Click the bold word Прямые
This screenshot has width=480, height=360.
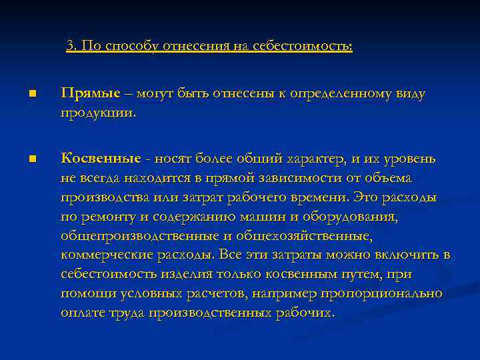91,93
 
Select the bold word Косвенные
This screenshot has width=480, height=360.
101,159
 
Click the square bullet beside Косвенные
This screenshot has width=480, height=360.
31,159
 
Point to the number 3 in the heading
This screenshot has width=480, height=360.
70,46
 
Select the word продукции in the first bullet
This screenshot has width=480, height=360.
97,112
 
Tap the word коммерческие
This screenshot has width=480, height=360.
104,255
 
